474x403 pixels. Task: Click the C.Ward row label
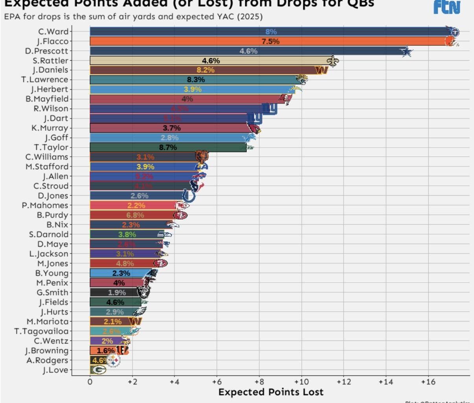point(53,31)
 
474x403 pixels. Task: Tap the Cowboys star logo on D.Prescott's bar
point(406,51)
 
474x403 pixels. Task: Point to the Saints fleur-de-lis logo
point(333,61)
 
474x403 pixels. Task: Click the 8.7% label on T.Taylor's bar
point(168,147)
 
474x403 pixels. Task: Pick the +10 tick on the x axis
point(301,382)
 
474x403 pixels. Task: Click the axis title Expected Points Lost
point(271,392)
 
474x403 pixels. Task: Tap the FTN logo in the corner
point(447,7)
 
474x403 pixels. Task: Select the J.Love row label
point(55,370)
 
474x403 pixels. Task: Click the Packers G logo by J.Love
point(98,370)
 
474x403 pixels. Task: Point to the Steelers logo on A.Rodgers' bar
point(113,360)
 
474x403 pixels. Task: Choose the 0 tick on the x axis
point(90,382)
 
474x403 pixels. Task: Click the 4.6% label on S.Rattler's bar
point(211,61)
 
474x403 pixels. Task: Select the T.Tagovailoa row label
point(41,331)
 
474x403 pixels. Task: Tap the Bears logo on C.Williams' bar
point(202,157)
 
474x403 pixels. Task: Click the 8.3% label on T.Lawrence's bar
point(196,79)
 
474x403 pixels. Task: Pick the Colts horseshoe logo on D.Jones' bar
point(188,196)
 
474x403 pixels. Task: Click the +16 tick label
point(428,382)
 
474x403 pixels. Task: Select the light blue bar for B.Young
point(118,273)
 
